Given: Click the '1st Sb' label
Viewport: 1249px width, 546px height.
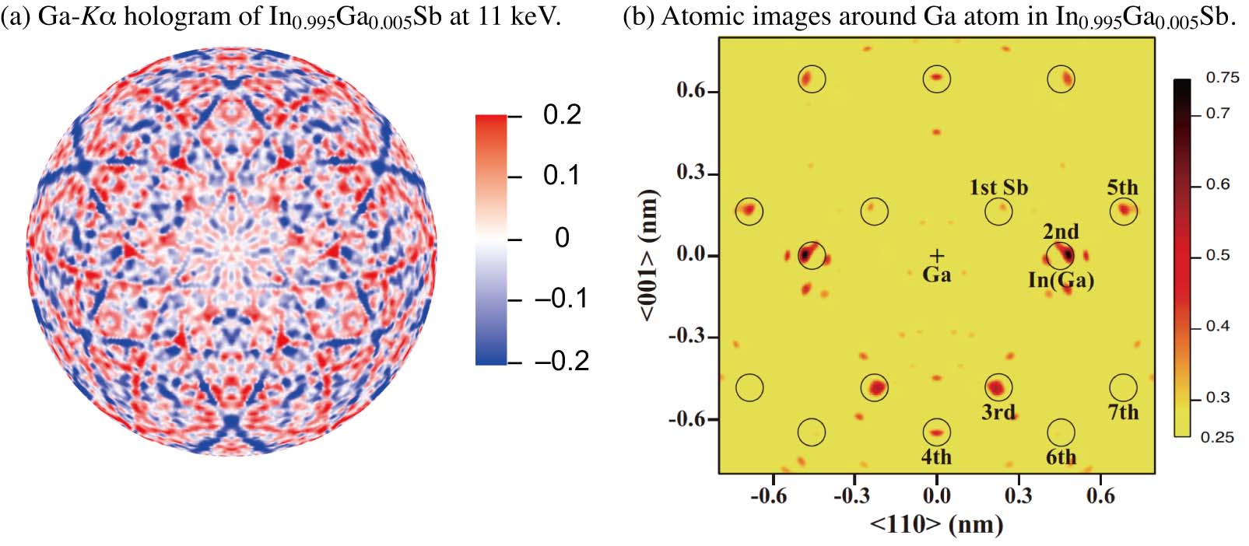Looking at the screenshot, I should click(x=998, y=187).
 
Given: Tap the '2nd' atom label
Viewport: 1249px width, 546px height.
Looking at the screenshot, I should click(x=1061, y=232).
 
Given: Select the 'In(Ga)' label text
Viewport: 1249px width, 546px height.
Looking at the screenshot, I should click(x=1061, y=280).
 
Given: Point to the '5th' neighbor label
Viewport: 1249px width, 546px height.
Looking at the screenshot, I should click(x=1122, y=187).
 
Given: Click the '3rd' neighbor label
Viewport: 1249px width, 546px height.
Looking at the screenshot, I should click(x=998, y=412).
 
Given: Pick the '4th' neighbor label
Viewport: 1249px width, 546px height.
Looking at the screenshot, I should click(x=936, y=457).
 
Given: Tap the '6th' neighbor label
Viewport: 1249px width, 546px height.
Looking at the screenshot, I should click(x=1061, y=457).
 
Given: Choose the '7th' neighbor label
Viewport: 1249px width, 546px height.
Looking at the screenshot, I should click(x=1123, y=412).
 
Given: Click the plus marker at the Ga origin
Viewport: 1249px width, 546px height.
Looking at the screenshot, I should click(x=937, y=255).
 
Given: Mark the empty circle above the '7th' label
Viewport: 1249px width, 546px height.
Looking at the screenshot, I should click(x=1123, y=387).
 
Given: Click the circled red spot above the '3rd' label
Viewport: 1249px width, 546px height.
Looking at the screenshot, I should click(x=998, y=387).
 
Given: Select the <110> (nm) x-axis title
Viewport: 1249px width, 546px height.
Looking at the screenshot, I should click(x=936, y=524).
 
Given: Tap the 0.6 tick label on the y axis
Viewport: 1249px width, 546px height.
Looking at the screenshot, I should click(x=690, y=90).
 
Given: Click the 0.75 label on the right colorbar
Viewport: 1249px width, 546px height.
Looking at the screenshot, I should click(x=1222, y=77).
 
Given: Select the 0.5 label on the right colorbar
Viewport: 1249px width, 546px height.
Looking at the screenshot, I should click(x=1218, y=255).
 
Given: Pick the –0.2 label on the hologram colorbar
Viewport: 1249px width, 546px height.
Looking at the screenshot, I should click(x=562, y=361).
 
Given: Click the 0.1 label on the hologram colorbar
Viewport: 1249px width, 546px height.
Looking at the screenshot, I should click(x=561, y=175).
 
